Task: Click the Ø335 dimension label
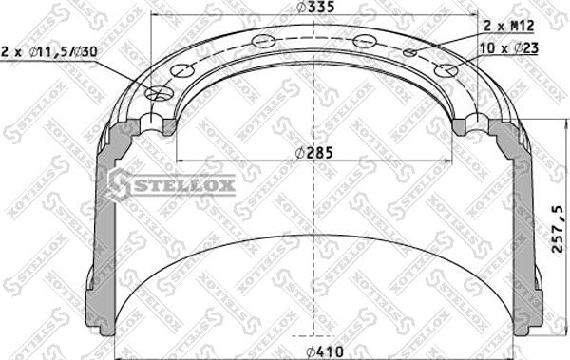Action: pos(315,7)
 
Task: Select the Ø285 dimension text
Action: pos(313,153)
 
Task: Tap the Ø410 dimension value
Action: pos(324,351)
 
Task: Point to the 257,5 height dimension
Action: pos(558,229)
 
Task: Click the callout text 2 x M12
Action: pos(509,27)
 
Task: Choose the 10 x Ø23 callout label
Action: pos(509,47)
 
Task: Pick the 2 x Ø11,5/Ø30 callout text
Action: pos(49,51)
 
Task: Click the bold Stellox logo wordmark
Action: pos(184,185)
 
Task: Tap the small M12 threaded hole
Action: pos(409,53)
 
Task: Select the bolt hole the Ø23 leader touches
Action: pos(446,71)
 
